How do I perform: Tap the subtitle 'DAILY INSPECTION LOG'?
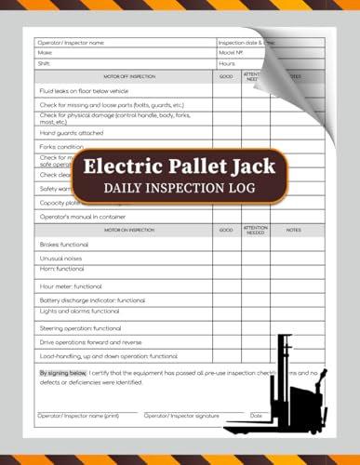click(x=180, y=191)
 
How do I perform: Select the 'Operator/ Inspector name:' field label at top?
click(x=71, y=43)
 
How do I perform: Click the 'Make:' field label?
click(x=44, y=53)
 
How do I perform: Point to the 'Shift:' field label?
click(x=43, y=63)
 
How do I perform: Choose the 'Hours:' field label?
click(x=228, y=63)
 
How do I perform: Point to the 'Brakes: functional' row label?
click(x=64, y=243)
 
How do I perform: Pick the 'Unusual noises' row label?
click(x=61, y=258)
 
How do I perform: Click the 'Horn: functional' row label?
click(x=61, y=269)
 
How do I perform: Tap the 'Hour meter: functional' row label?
click(x=71, y=286)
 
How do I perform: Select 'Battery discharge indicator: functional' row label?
click(x=92, y=300)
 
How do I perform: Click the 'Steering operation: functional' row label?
click(x=80, y=328)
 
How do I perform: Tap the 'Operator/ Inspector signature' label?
click(x=181, y=415)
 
